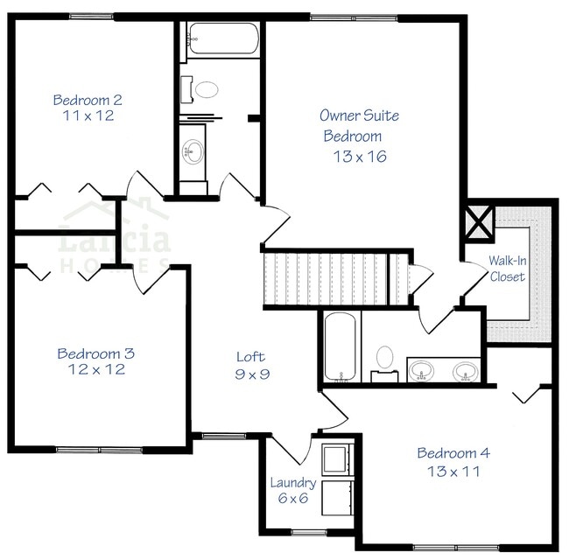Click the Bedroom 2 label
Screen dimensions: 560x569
87,99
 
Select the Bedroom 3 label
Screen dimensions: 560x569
95,353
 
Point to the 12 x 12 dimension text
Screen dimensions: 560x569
95,369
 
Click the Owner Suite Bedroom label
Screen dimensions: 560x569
355,125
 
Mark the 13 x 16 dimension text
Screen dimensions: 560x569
360,157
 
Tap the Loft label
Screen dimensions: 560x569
250,357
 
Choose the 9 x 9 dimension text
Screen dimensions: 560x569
250,374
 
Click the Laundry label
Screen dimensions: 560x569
292,483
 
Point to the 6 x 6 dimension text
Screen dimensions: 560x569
292,499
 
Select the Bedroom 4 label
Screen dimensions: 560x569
453,453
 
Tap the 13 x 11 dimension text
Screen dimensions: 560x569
453,472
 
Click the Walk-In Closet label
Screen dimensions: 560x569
507,269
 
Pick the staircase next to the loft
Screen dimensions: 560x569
337,278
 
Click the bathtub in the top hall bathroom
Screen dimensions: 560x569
223,40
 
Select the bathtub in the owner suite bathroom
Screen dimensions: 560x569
338,348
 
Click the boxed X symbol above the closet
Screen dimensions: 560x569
480,223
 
